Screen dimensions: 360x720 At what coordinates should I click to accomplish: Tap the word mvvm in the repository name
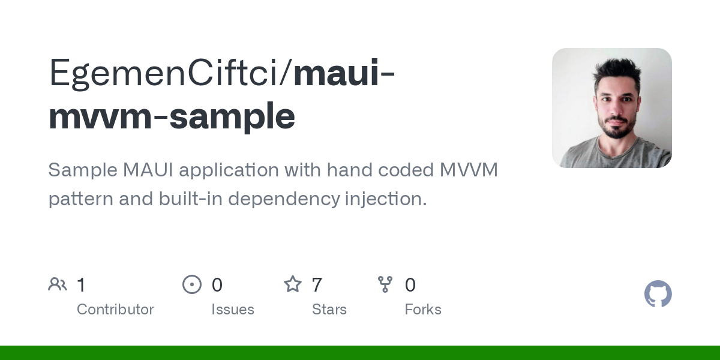click(101, 116)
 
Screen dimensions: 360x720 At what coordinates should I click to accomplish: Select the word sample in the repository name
click(232, 116)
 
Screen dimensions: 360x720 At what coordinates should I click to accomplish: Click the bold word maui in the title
click(337, 73)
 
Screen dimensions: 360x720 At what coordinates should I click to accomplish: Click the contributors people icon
click(58, 284)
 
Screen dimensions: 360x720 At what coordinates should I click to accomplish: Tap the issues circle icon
click(192, 284)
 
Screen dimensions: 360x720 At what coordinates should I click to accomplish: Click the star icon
click(293, 284)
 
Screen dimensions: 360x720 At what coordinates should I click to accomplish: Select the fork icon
click(385, 284)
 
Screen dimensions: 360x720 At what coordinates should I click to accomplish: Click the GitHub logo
click(658, 294)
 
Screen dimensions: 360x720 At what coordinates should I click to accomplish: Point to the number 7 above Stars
click(317, 285)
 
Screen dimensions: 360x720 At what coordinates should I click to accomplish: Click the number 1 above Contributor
click(82, 285)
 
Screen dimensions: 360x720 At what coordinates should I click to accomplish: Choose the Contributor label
click(115, 310)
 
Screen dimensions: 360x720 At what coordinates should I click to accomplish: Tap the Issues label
click(233, 310)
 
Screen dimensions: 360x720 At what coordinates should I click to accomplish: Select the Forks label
click(423, 310)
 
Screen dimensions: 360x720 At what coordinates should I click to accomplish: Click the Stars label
click(329, 310)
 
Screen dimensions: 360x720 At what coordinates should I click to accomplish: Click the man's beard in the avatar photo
click(616, 126)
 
